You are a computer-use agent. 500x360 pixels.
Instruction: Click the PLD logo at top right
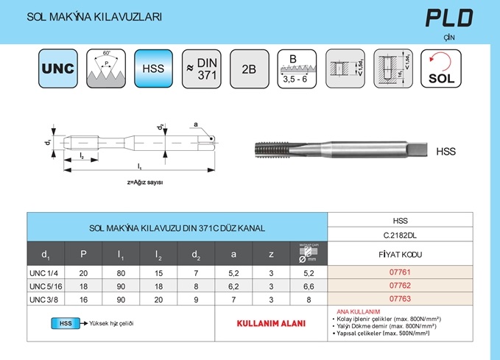(448, 18)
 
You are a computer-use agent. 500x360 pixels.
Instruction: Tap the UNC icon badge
(58, 68)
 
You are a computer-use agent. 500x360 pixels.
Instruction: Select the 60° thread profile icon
(106, 68)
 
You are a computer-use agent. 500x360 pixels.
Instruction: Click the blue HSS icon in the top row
(153, 68)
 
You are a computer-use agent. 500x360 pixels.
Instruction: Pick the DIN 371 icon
(201, 68)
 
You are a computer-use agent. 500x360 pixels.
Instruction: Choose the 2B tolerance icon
(249, 68)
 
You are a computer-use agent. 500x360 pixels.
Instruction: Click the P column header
(83, 255)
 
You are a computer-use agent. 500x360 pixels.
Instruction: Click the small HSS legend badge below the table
(66, 323)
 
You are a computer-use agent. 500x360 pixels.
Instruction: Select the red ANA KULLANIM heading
(358, 311)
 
